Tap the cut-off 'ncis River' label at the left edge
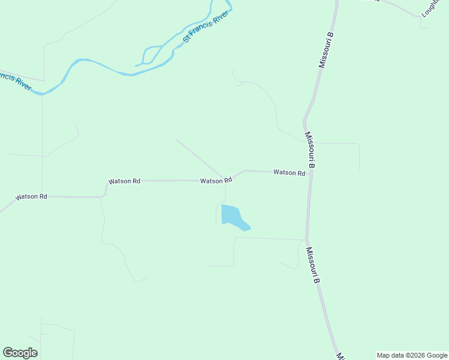[x=16, y=80]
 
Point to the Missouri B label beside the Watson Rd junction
[x=310, y=149]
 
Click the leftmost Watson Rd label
[x=31, y=197]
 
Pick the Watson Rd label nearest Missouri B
[x=289, y=173]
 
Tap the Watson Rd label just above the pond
[x=215, y=181]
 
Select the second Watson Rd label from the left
[x=124, y=181]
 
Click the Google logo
[x=20, y=353]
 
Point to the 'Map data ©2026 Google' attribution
[x=412, y=355]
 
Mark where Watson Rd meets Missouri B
[x=310, y=175]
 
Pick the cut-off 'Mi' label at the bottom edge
[x=340, y=356]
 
